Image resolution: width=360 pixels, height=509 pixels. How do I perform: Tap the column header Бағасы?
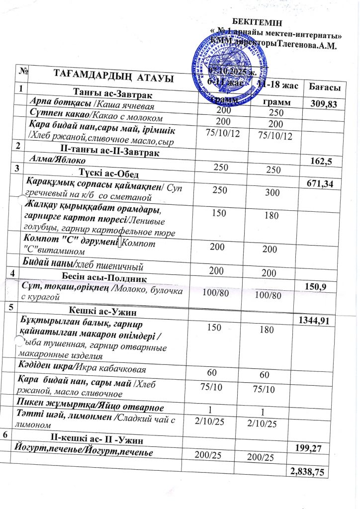pos(324,87)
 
